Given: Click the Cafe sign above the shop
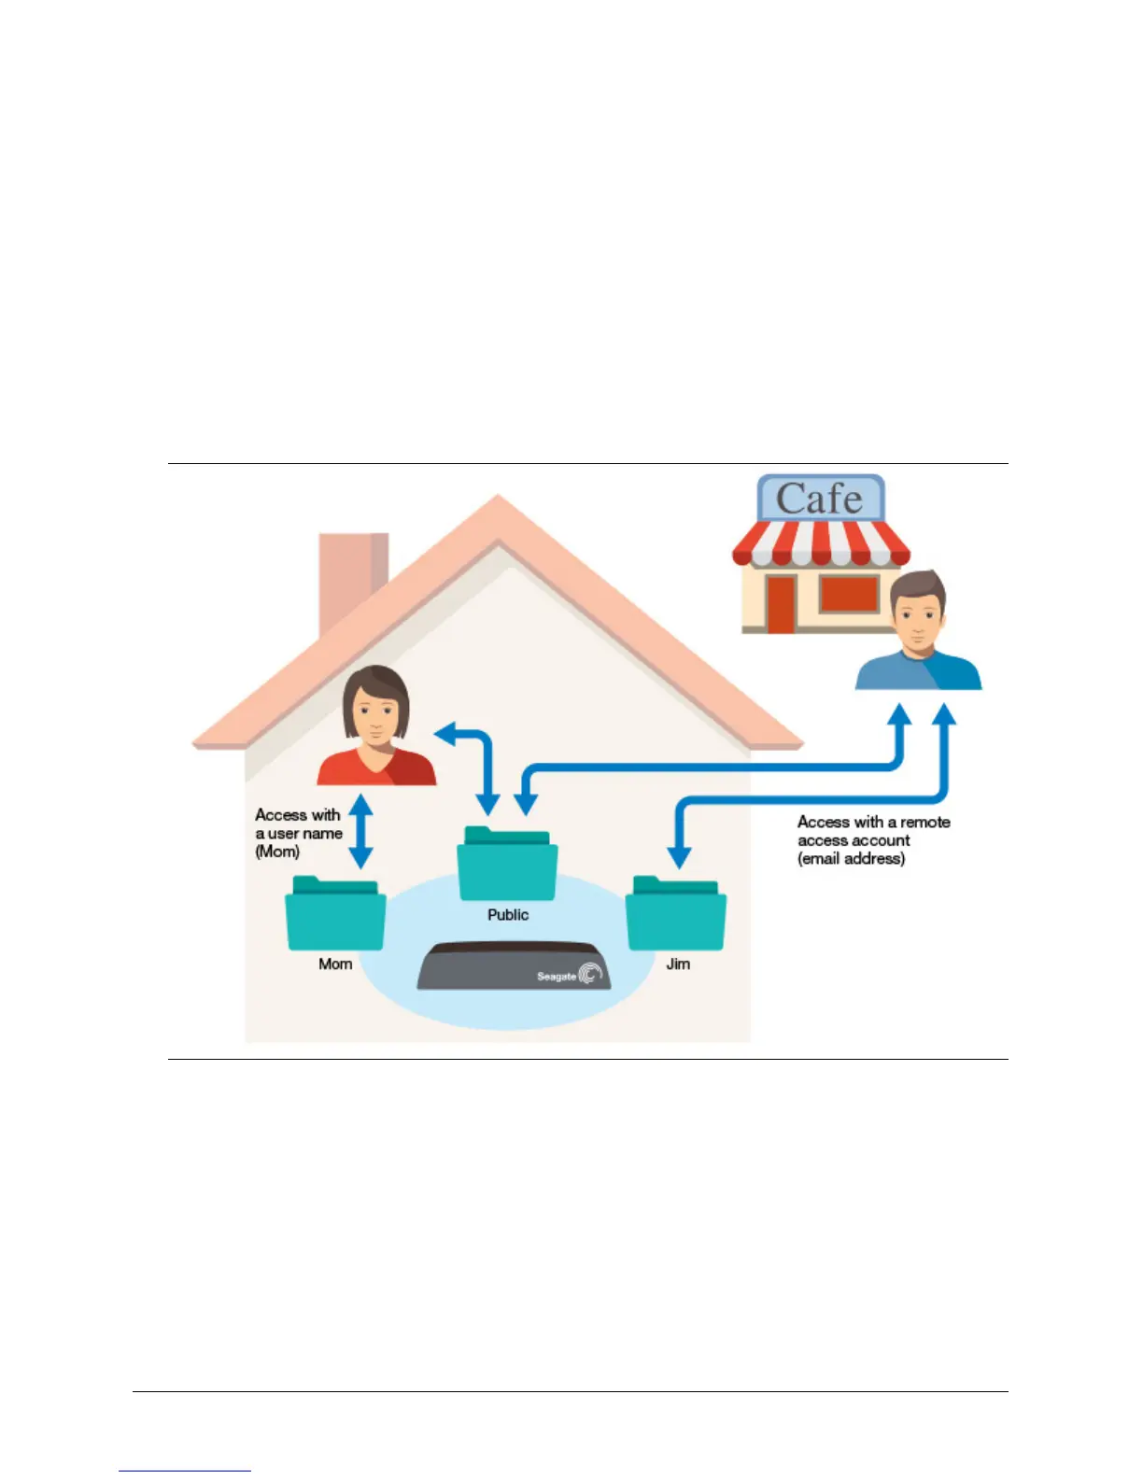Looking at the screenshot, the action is [819, 498].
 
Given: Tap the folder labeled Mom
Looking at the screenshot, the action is [335, 915].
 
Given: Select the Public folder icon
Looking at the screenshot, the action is [507, 866].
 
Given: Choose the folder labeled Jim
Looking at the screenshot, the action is [676, 915].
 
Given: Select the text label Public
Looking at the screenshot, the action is [508, 915].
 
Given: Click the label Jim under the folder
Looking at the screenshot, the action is [678, 964].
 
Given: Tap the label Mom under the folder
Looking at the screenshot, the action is [335, 964].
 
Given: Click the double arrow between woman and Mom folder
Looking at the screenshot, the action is [360, 831].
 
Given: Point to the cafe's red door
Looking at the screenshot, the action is [781, 604].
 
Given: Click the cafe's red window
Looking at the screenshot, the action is [849, 594].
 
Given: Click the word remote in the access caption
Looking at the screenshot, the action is [924, 822].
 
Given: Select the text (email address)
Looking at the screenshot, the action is [851, 858].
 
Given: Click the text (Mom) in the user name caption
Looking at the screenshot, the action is [277, 852].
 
